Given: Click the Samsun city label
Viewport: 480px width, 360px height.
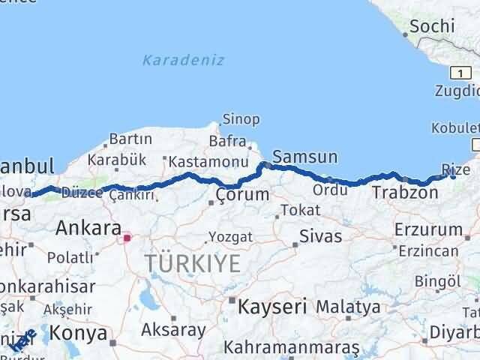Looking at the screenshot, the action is click(x=304, y=157).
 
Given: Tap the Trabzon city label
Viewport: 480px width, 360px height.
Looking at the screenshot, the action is click(x=405, y=193).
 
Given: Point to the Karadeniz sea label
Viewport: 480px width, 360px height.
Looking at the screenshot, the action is click(x=183, y=60).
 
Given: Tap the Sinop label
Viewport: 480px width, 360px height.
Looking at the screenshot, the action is click(x=241, y=119).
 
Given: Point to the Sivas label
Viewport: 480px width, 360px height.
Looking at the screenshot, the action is click(x=320, y=236).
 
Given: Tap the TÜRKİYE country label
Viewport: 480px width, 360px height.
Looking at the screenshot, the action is click(x=193, y=263).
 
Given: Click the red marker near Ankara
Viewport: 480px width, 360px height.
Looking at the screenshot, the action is click(x=127, y=238).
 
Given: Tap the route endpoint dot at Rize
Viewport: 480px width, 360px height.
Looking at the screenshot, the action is click(x=453, y=175).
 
